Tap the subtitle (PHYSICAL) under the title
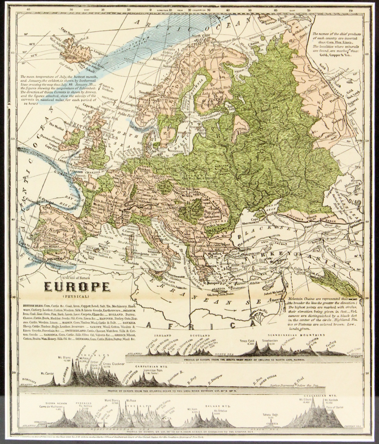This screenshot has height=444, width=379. pyautogui.click(x=76, y=296)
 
